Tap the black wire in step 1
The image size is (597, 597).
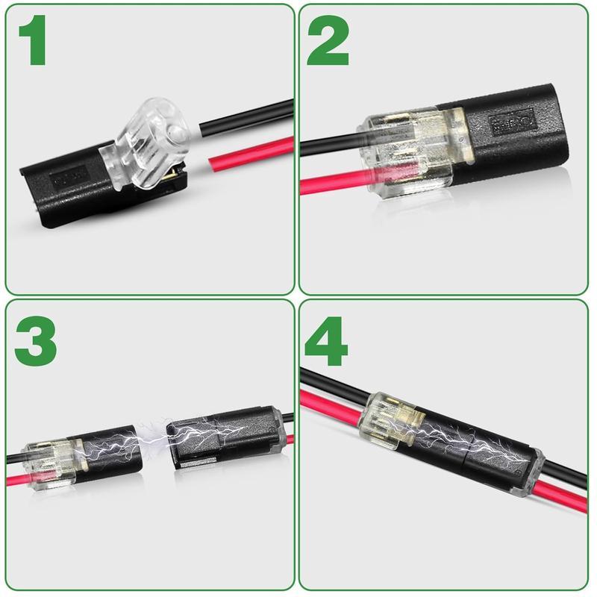[246, 116]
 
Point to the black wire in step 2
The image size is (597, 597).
[328, 143]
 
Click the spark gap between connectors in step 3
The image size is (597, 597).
[154, 444]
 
